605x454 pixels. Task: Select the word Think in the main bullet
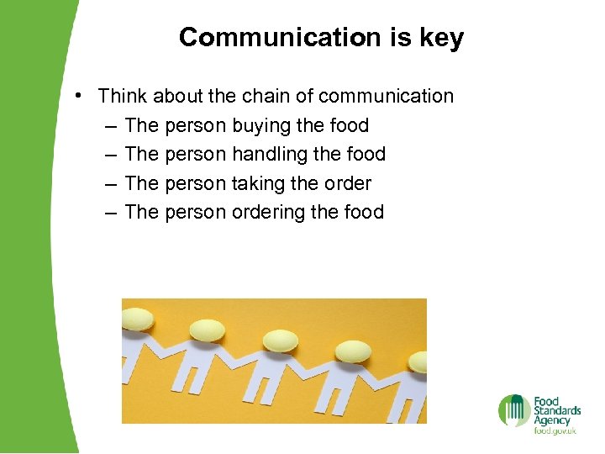point(124,96)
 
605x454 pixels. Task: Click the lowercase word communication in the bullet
point(387,96)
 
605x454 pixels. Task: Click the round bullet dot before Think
point(77,96)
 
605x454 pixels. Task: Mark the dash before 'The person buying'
point(112,126)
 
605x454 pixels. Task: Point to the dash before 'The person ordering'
point(112,213)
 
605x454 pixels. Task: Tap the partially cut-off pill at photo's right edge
point(418,361)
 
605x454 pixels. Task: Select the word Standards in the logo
point(557,410)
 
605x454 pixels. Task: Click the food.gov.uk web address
point(555,431)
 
